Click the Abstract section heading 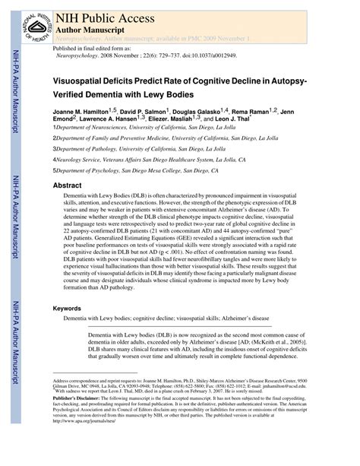(67, 185)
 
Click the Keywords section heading (67, 309)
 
